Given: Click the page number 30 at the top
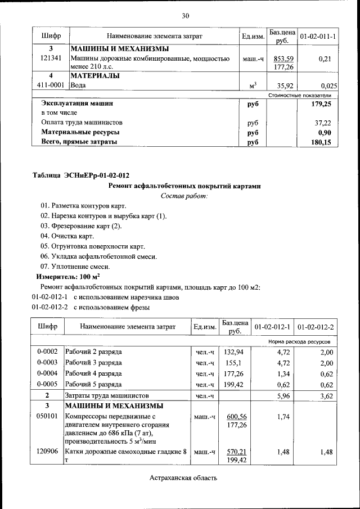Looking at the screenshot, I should pyautogui.click(x=186, y=15).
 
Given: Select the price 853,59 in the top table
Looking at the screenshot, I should pyautogui.click(x=283, y=58).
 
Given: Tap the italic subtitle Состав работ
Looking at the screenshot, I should pyautogui.click(x=184, y=196).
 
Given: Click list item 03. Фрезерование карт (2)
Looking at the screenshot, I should pyautogui.click(x=81, y=226).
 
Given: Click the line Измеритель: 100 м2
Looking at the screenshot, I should pyautogui.click(x=68, y=277).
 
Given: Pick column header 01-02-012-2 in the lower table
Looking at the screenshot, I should pyautogui.click(x=316, y=327).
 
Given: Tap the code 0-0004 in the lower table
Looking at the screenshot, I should pyautogui.click(x=48, y=373).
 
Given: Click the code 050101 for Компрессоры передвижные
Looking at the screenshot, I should pyautogui.click(x=48, y=417).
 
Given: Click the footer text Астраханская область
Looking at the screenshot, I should pyautogui.click(x=183, y=478).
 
